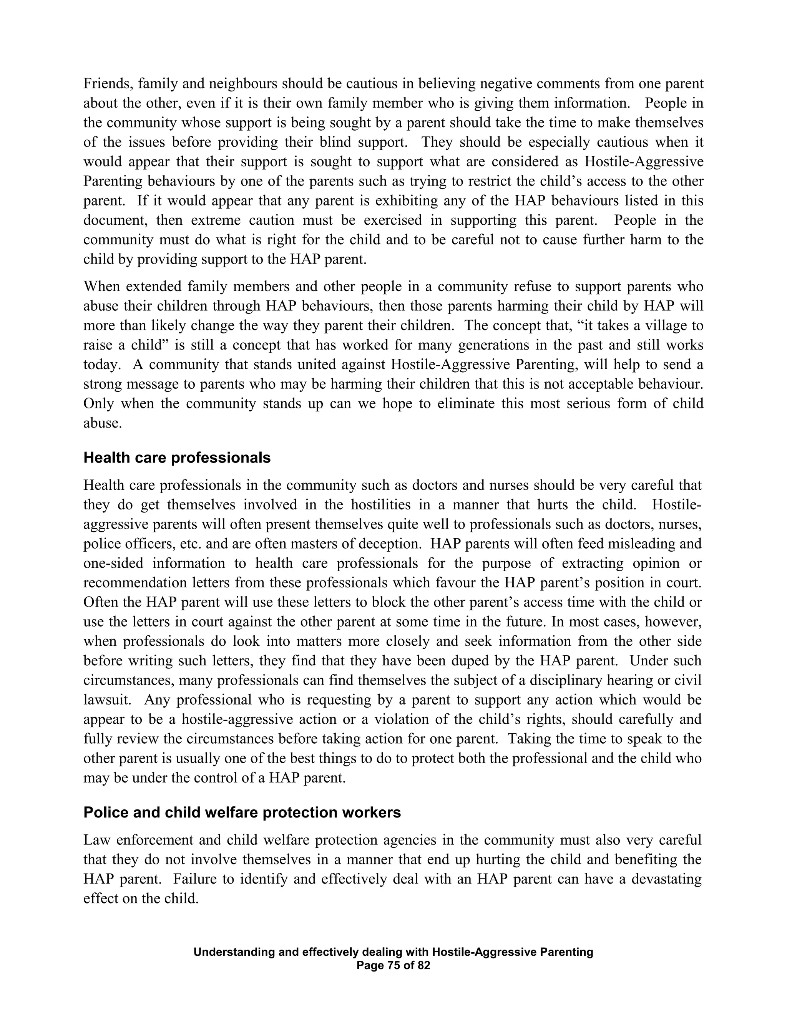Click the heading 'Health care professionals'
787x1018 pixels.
(177, 458)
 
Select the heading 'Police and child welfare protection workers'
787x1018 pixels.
(242, 812)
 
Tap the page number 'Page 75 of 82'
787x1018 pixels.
(393, 965)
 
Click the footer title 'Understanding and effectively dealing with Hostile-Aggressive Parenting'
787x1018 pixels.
(393, 952)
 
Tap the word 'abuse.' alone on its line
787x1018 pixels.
(102, 423)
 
